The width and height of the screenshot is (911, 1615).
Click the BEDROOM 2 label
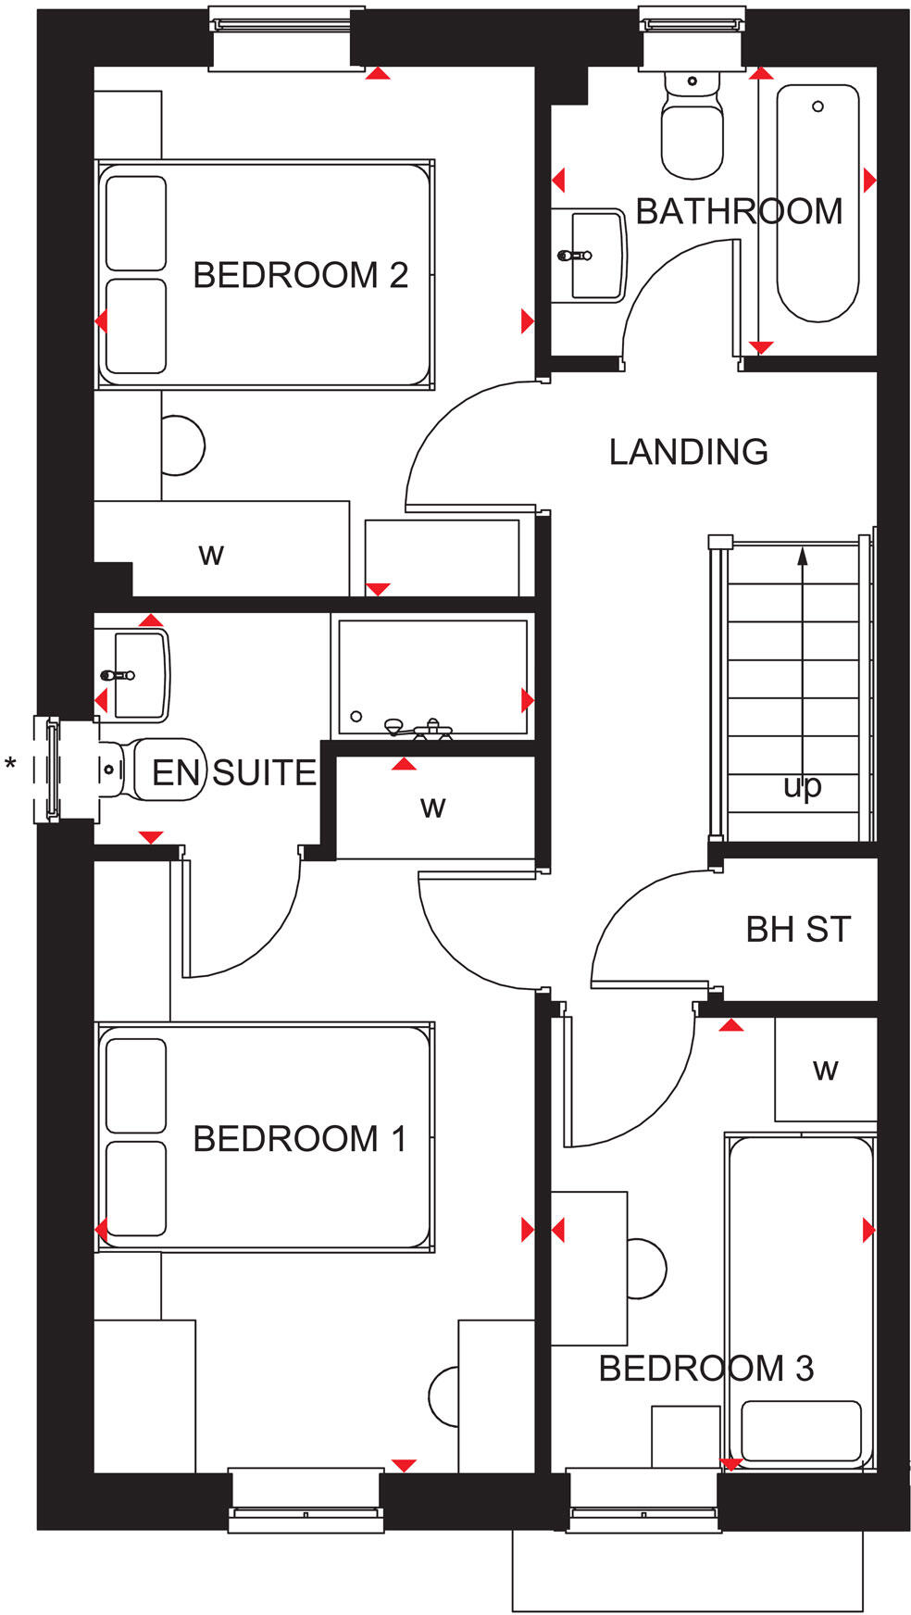pyautogui.click(x=300, y=275)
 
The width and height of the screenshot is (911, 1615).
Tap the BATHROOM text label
pyautogui.click(x=738, y=212)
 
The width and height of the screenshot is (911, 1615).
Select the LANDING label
pyautogui.click(x=688, y=452)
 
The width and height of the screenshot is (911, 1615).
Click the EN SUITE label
pyautogui.click(x=233, y=772)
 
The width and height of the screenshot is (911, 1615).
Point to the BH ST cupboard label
pyautogui.click(x=797, y=930)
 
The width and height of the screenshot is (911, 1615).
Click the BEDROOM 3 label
pyautogui.click(x=705, y=1368)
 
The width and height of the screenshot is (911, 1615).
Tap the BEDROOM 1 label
pyautogui.click(x=300, y=1138)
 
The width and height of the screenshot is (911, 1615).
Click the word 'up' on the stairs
pyautogui.click(x=802, y=787)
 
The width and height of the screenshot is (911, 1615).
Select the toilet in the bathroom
pyautogui.click(x=692, y=130)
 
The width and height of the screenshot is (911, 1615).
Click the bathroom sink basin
pyautogui.click(x=593, y=255)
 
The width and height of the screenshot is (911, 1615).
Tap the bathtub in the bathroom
pyautogui.click(x=817, y=204)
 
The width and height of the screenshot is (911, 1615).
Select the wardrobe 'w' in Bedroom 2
pyautogui.click(x=211, y=555)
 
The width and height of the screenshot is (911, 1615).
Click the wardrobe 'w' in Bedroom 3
pyautogui.click(x=825, y=1070)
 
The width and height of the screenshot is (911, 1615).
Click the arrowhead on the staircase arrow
pyautogui.click(x=802, y=556)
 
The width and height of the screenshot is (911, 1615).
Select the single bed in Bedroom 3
pyautogui.click(x=801, y=1296)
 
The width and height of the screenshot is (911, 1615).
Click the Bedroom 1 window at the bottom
pyautogui.click(x=306, y=1499)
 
